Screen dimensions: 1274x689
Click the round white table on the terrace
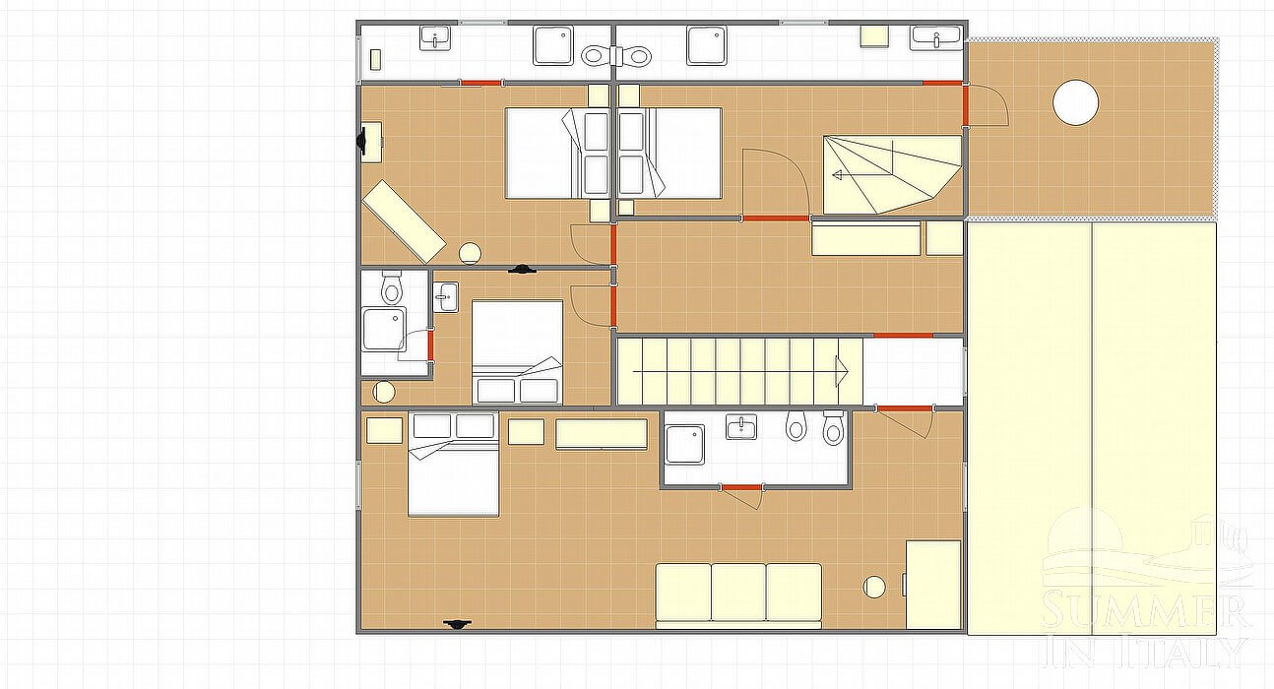coord(1075,103)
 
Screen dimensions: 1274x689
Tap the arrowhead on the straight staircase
coord(842,371)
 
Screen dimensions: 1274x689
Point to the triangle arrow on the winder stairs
coord(837,175)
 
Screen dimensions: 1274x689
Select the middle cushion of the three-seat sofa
coord(738,592)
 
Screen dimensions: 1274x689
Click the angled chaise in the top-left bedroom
coord(405,221)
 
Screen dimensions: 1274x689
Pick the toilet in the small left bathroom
coord(391,287)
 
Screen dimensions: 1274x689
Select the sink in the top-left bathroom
coord(435,37)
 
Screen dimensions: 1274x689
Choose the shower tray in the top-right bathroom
coord(706,45)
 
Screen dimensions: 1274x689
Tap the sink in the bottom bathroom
coord(741,427)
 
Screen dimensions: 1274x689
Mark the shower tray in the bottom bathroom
coord(685,445)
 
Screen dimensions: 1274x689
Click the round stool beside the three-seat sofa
coord(874,588)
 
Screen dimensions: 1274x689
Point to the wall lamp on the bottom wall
coord(457,624)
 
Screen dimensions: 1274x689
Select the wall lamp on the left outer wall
coord(361,140)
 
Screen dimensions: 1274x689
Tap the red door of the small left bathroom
coord(430,345)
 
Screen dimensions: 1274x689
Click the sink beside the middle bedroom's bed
coord(446,296)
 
